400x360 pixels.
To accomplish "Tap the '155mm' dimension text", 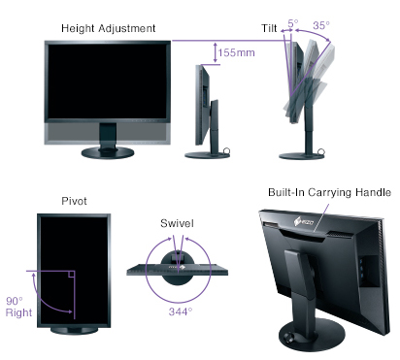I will pos(237,52).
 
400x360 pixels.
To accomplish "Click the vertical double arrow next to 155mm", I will pos(215,51).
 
